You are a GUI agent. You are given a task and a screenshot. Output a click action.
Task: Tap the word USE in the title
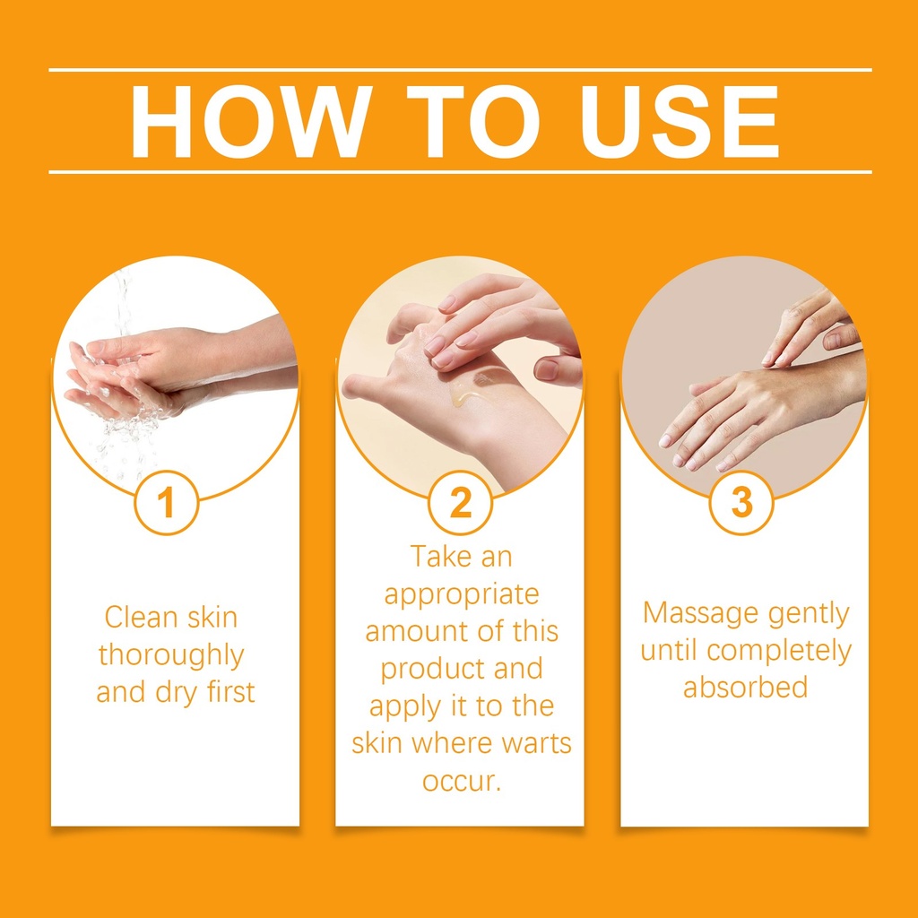tap(679, 121)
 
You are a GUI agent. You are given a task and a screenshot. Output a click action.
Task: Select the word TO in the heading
tap(473, 121)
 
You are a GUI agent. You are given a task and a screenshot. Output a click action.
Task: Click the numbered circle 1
tap(167, 502)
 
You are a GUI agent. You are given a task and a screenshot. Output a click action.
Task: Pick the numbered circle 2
tap(460, 502)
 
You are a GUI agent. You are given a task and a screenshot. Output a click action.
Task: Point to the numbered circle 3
tap(741, 502)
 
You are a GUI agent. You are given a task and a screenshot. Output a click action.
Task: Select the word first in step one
tap(231, 691)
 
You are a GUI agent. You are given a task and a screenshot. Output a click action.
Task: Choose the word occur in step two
tap(460, 782)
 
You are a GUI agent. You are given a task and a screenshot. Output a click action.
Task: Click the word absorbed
tap(745, 688)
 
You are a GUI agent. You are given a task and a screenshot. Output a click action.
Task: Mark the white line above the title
tap(460, 70)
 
